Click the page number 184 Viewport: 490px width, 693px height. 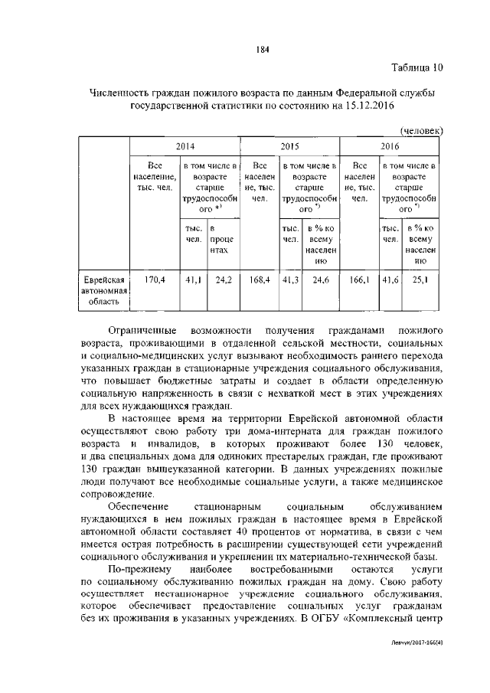(260, 51)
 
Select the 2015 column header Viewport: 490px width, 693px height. (289, 145)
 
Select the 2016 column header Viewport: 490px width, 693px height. (391, 145)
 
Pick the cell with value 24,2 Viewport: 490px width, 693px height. (224, 280)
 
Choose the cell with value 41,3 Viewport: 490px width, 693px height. (291, 280)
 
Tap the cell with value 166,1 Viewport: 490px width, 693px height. (359, 280)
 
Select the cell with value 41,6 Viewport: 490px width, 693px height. (390, 280)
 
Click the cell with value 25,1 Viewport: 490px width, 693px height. (420, 280)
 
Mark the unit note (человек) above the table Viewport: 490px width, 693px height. (422, 131)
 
